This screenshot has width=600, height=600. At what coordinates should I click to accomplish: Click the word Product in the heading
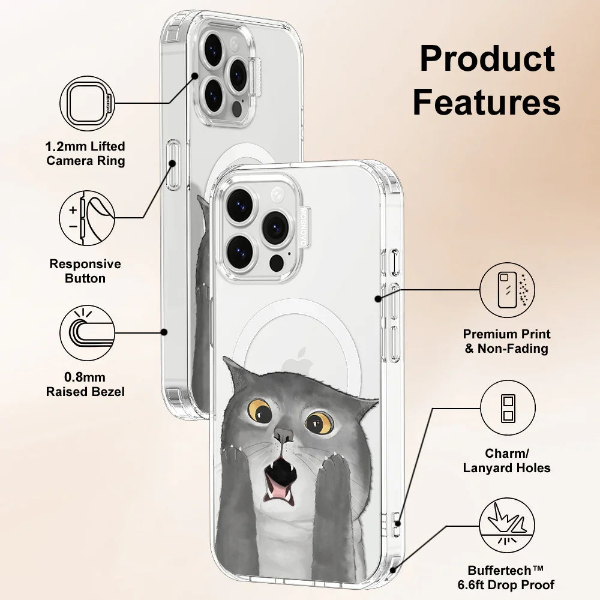[x=487, y=59]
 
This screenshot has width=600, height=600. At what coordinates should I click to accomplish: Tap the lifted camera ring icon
[x=87, y=103]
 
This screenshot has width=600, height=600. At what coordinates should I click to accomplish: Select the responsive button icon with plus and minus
[x=87, y=218]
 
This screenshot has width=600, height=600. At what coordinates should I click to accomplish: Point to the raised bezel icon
[x=87, y=333]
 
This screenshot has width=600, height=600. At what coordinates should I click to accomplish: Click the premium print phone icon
[x=507, y=290]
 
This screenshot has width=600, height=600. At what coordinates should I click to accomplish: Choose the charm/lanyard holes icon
[x=507, y=407]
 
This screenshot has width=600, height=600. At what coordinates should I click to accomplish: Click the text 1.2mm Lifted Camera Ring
[x=86, y=154]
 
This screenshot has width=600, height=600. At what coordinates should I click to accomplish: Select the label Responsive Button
[x=85, y=271]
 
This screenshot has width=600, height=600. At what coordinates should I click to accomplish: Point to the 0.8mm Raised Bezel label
[x=86, y=385]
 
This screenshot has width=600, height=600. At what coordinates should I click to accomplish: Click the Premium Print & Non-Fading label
[x=506, y=341]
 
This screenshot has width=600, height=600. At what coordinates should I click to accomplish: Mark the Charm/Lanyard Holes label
[x=506, y=460]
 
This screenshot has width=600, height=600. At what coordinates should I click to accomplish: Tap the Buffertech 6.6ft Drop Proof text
[x=511, y=577]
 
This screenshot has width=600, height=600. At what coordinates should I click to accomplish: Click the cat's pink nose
[x=282, y=434]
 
